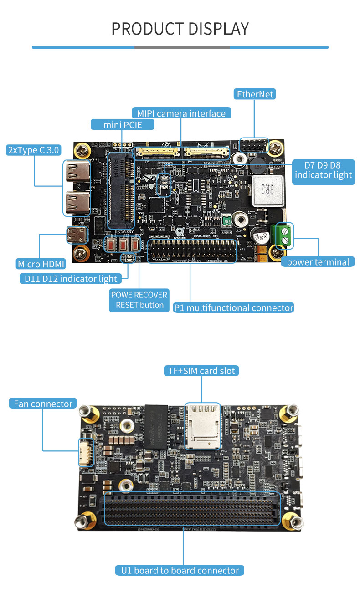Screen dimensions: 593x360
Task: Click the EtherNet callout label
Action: pos(255,94)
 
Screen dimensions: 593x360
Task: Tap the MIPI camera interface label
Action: pos(181,113)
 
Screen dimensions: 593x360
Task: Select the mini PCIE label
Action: pos(122,124)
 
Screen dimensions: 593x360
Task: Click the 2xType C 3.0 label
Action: pos(33,150)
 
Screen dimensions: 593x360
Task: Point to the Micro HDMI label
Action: pos(41,264)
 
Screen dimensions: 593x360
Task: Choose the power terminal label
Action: pos(318,262)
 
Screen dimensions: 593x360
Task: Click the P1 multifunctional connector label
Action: pos(233,307)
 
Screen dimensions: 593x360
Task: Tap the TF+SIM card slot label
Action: pos(201,371)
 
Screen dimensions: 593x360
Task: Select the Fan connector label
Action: pos(43,404)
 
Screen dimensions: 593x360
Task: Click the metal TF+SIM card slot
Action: pos(202,426)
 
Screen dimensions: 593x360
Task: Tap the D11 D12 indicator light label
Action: pos(68,279)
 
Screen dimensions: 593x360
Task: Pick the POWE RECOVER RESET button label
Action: pos(139,300)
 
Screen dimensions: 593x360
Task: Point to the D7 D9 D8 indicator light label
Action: pos(323,170)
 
